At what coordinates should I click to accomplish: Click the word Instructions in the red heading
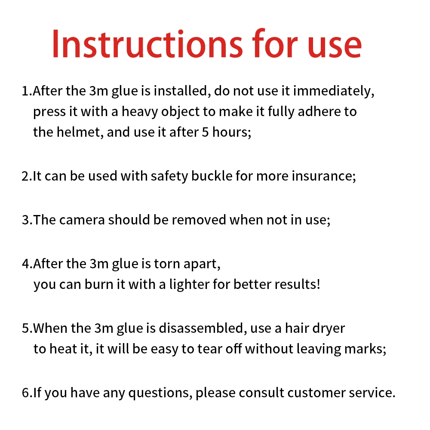point(147,44)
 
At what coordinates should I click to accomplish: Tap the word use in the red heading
point(334,46)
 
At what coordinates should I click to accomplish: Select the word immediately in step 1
point(334,91)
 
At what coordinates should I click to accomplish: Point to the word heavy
point(140,112)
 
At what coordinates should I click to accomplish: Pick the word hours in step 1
point(232,132)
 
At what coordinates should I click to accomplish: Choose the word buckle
point(212,176)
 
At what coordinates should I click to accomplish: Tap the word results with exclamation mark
point(297,284)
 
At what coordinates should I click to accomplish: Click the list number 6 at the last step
point(25,393)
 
